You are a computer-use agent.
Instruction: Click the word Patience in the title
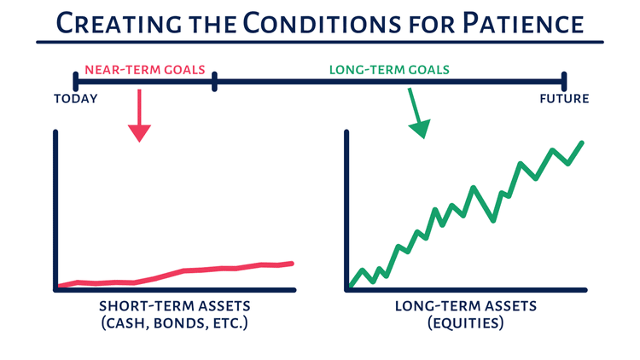coord(523,23)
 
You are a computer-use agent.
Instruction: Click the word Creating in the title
coord(119,23)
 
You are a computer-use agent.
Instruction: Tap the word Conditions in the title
coord(323,23)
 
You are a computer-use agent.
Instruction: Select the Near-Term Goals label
coord(145,70)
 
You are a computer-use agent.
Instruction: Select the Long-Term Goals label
coord(389,70)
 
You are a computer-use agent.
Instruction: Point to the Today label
coord(76,99)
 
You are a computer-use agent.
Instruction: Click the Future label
coord(565,99)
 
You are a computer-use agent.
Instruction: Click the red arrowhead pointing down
coord(140,132)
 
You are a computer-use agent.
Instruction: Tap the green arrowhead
coord(421,129)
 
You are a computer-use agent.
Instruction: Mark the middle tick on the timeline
coord(215,81)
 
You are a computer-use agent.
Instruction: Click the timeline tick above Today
coord(75,81)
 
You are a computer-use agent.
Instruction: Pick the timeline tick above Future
coord(564,81)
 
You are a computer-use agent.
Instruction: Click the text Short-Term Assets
coord(175,306)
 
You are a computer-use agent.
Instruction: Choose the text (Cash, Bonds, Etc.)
coord(175,323)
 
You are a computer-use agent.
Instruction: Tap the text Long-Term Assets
coord(466,306)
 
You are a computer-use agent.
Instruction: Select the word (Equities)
coord(466,323)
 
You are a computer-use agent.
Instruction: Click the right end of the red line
coord(292,264)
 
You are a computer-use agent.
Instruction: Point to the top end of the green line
coord(582,142)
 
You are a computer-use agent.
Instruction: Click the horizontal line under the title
coord(320,42)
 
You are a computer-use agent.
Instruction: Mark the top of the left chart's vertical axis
coord(55,132)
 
